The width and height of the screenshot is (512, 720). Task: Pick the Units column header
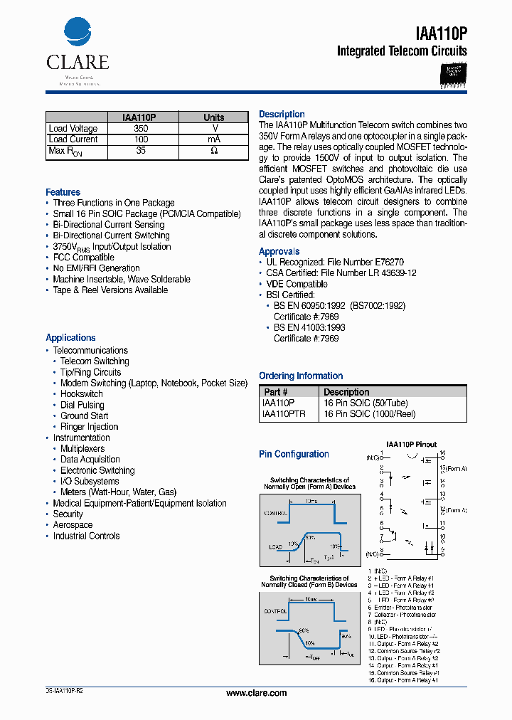tap(213, 117)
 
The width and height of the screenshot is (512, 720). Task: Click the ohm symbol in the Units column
tap(214, 151)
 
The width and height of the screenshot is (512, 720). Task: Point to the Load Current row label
tap(73, 139)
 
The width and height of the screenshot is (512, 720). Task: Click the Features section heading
tap(63, 192)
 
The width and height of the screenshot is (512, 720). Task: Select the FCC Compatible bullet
tap(83, 258)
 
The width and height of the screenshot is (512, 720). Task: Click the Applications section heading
tap(70, 338)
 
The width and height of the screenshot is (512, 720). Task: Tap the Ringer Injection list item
tap(89, 427)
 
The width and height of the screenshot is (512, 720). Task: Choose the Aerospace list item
tap(73, 525)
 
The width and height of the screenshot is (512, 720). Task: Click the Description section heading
tap(282, 114)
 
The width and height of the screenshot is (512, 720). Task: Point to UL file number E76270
tap(389, 263)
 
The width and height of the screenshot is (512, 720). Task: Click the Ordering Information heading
tap(301, 376)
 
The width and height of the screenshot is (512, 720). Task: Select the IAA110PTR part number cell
tap(284, 414)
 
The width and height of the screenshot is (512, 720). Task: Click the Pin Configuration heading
tap(294, 454)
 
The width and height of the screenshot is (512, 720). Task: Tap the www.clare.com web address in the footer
tap(256, 693)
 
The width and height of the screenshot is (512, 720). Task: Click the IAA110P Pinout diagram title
tap(411, 445)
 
